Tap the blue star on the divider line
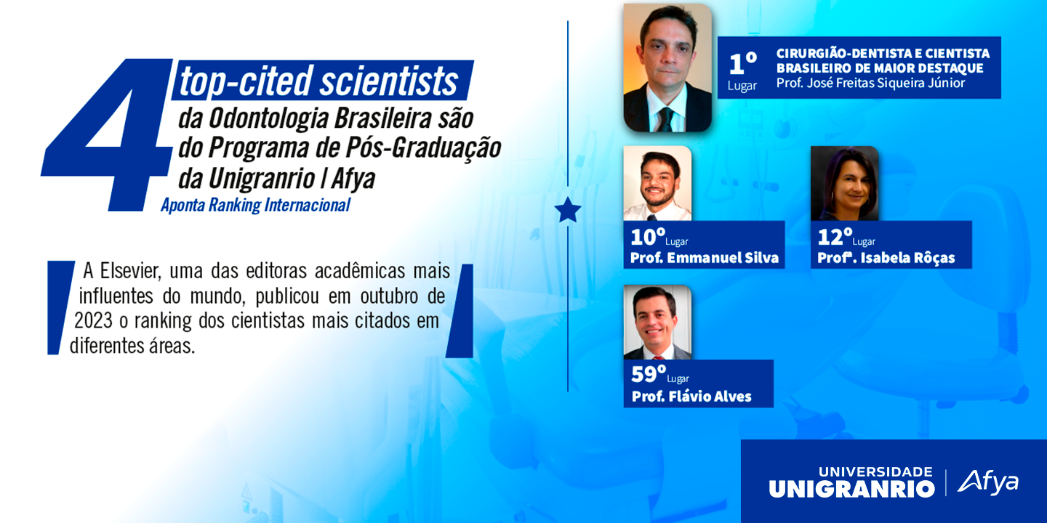tap(568, 210)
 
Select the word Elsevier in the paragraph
tap(130, 271)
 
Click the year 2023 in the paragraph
tap(94, 321)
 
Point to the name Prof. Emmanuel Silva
tap(705, 258)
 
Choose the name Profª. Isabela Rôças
tap(886, 258)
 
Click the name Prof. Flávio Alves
tap(691, 397)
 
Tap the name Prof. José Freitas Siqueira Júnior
tap(870, 83)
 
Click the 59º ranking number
tap(649, 374)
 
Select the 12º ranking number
tap(835, 237)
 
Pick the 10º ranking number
tap(648, 237)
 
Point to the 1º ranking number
tap(743, 63)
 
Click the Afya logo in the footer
tap(987, 482)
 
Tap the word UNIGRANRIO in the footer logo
tap(851, 489)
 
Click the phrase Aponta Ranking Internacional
tap(255, 205)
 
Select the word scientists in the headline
tap(389, 81)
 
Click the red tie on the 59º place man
tap(659, 357)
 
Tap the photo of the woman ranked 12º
tap(845, 183)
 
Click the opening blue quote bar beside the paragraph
tap(60, 307)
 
